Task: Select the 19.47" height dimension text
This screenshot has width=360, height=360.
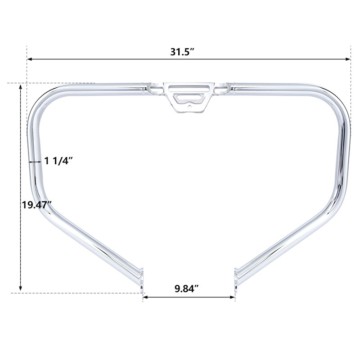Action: [36, 205]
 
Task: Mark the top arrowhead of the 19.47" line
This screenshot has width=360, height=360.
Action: [20, 86]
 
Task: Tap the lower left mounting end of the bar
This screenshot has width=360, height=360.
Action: [141, 277]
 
